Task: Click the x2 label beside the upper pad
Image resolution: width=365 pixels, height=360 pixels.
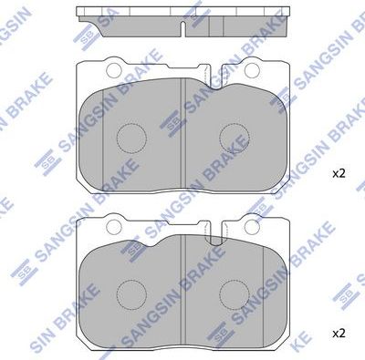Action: click(339, 172)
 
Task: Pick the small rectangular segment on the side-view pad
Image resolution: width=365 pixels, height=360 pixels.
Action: click(215, 26)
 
